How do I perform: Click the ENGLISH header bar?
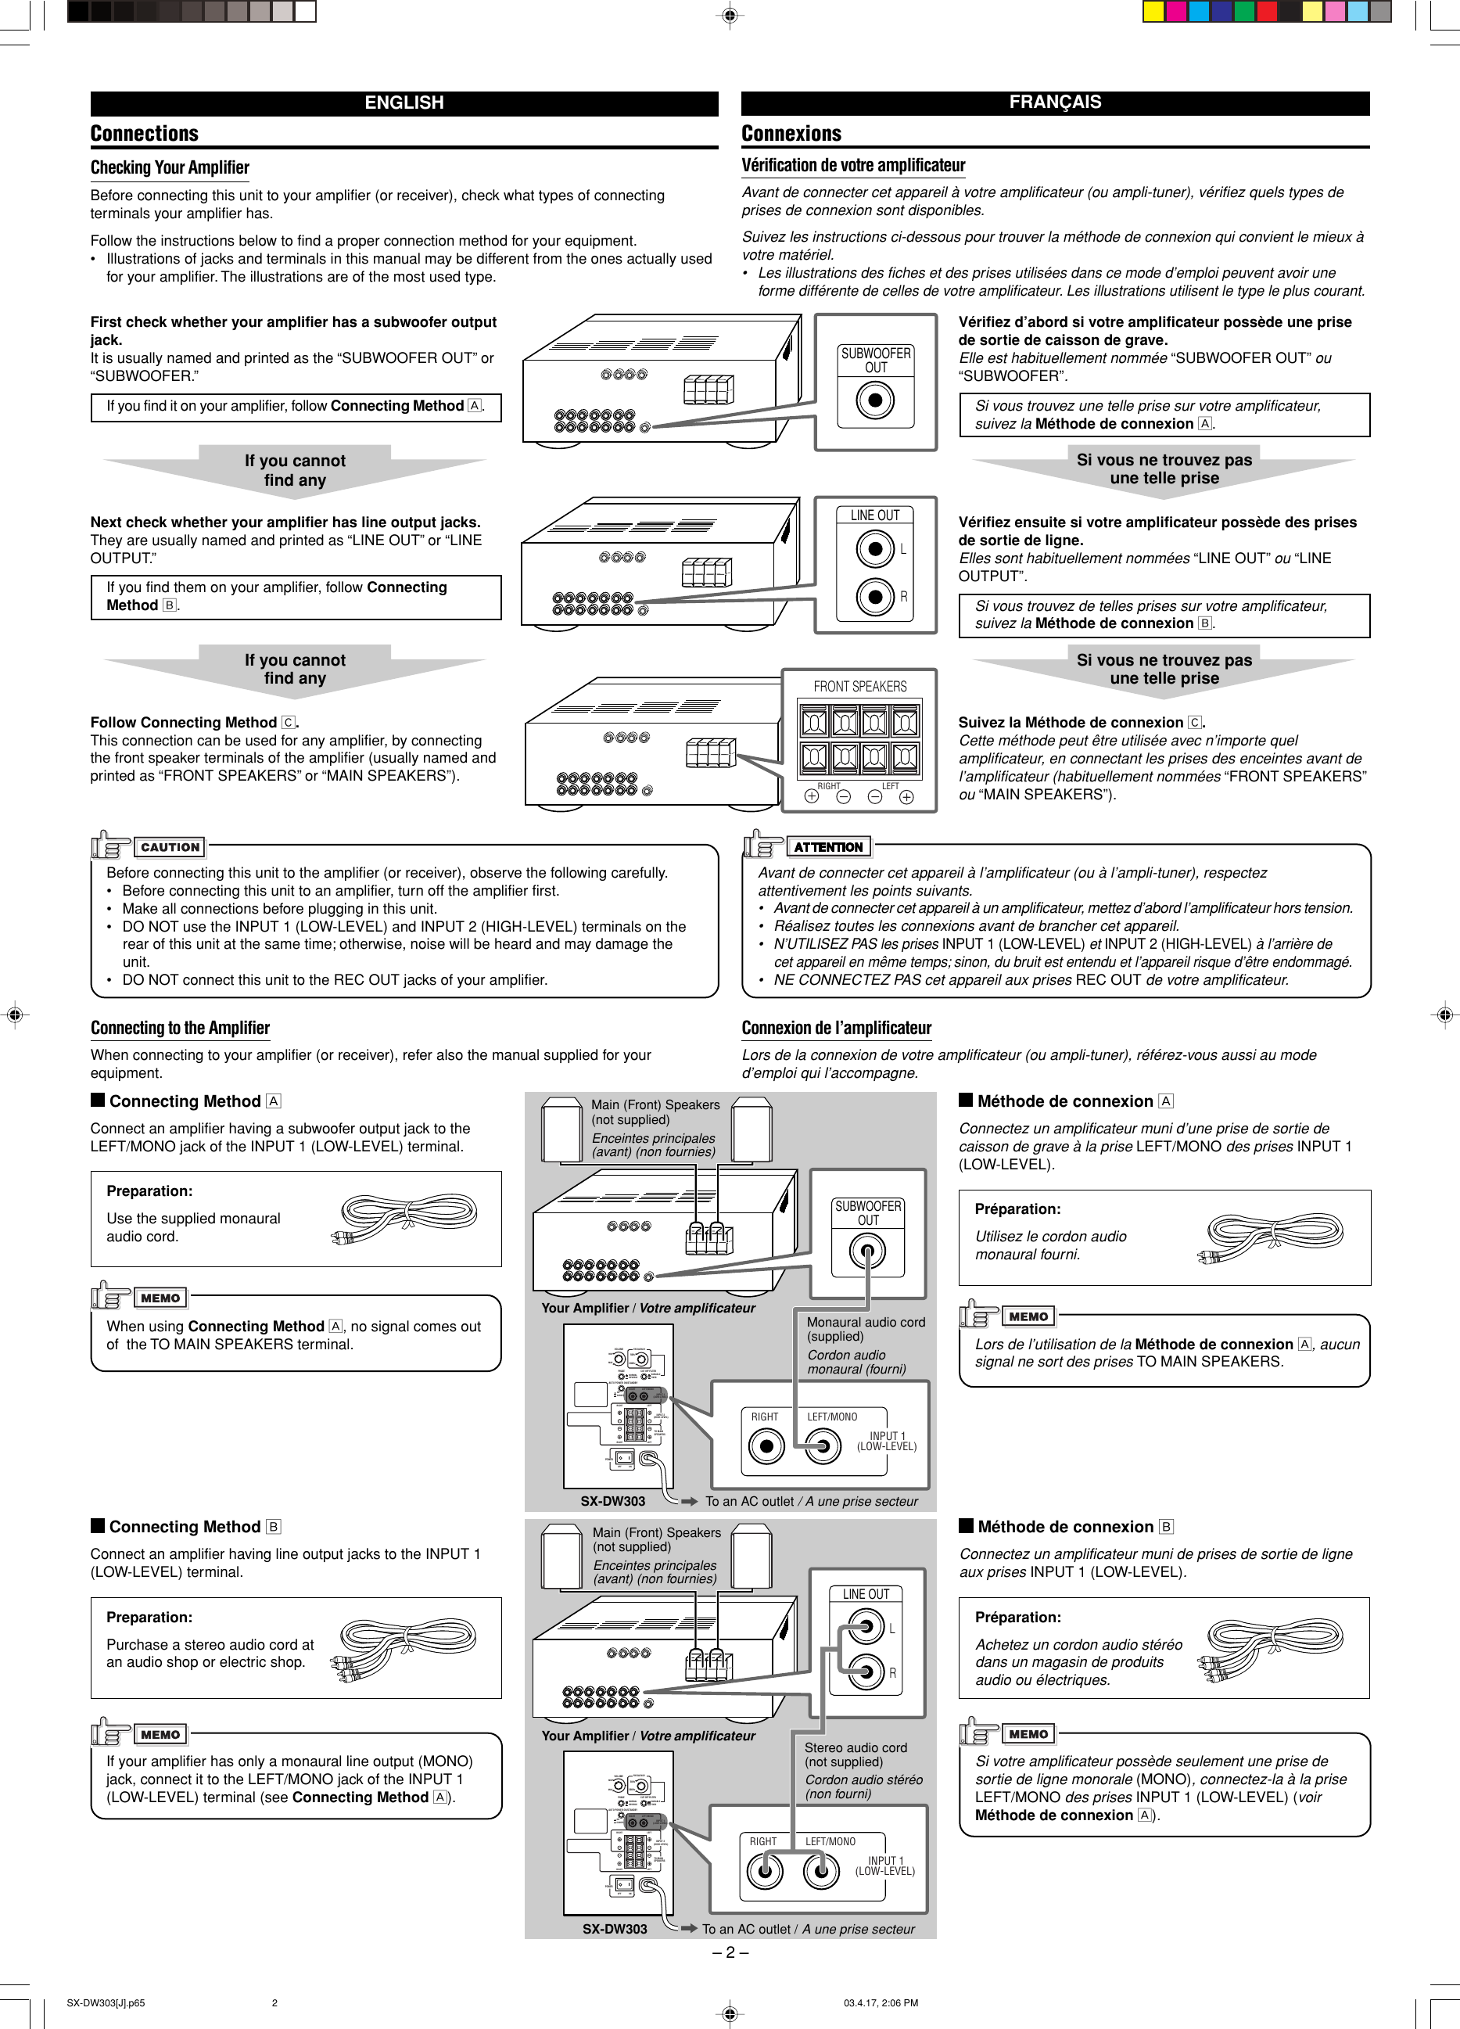[x=404, y=103]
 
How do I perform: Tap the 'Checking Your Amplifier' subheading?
[x=170, y=167]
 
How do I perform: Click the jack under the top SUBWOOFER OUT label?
[x=874, y=400]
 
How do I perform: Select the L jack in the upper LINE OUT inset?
[x=874, y=548]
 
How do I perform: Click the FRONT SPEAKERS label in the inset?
[x=859, y=686]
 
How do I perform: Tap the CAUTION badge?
[x=170, y=846]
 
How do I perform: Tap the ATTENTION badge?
[x=827, y=846]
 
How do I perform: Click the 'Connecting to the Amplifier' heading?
[x=180, y=1028]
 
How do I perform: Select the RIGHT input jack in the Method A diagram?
[x=765, y=1445]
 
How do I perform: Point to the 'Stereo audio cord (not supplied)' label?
[x=855, y=1754]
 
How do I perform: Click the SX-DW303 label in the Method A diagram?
[x=613, y=1501]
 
